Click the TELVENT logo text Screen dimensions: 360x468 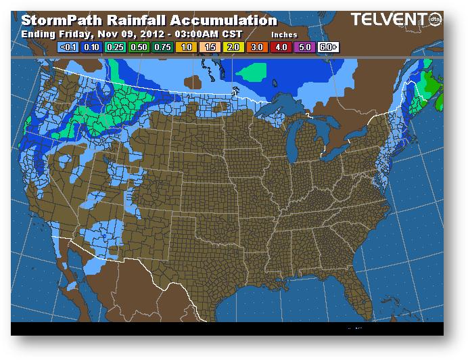pyautogui.click(x=393, y=20)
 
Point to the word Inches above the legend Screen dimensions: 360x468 pyautogui.click(x=284, y=34)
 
